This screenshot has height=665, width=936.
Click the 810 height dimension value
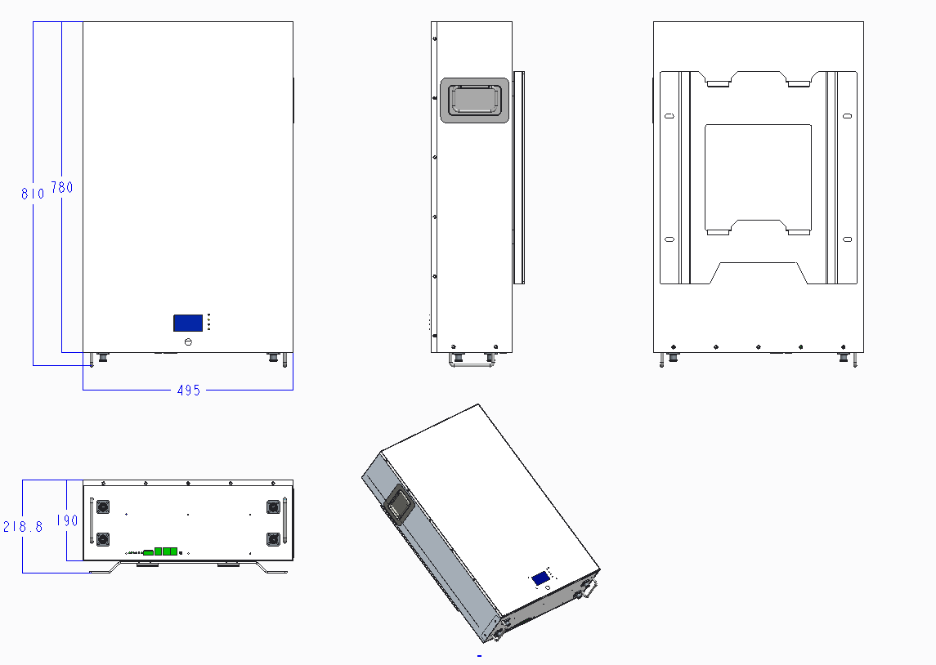click(x=33, y=194)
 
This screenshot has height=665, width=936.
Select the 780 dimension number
click(x=62, y=188)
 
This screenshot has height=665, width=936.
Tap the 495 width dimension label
click(x=188, y=391)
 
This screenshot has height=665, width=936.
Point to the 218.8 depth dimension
click(x=22, y=527)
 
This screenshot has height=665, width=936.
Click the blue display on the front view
click(x=188, y=323)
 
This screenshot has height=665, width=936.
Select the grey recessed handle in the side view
click(x=474, y=100)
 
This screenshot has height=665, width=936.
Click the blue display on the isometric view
click(x=540, y=578)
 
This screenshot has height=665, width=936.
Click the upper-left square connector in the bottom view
click(x=104, y=507)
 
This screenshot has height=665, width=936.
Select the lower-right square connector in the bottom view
click(x=272, y=539)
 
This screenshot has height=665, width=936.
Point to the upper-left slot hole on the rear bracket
click(x=670, y=116)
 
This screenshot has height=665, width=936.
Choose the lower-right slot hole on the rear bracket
click(x=847, y=239)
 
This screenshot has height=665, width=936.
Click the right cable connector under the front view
click(x=273, y=357)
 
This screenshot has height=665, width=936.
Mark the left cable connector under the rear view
click(x=672, y=357)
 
